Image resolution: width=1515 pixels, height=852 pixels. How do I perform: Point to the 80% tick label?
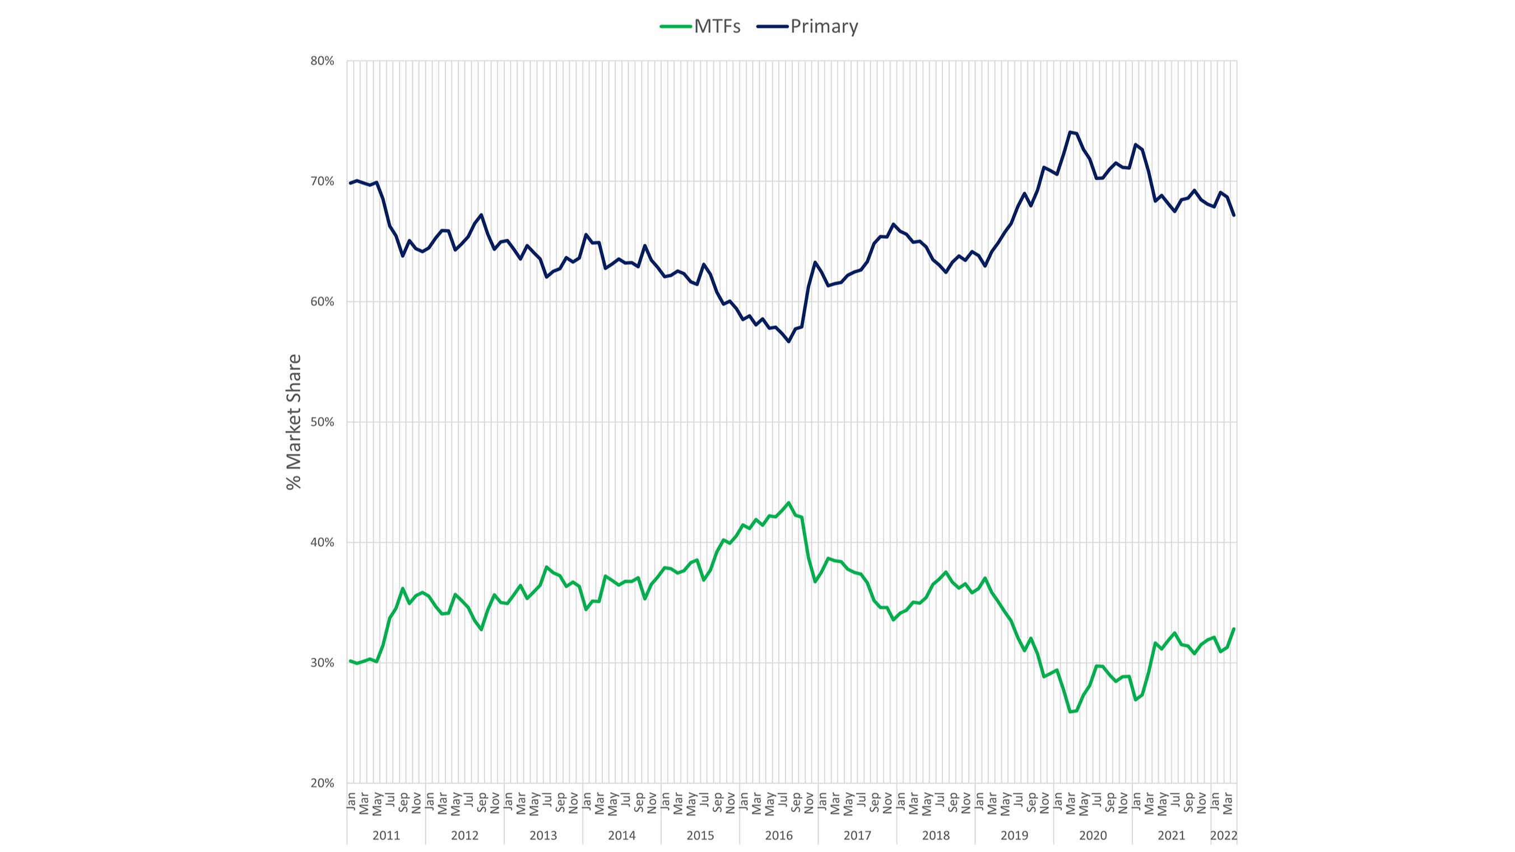coord(322,61)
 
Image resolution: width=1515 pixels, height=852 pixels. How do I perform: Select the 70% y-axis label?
coord(322,181)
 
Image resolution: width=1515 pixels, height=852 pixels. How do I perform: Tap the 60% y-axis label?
coord(322,301)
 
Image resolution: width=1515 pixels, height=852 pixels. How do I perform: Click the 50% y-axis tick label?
coord(322,422)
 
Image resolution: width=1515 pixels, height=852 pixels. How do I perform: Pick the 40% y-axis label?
coord(322,543)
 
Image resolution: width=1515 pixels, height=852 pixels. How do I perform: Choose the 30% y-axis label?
coord(322,663)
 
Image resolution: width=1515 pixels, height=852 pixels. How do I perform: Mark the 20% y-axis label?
coord(322,783)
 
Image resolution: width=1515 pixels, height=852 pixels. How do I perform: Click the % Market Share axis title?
coord(294,422)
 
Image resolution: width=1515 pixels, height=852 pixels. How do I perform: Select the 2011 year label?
coord(386,836)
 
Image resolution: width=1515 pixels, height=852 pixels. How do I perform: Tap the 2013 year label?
coord(543,836)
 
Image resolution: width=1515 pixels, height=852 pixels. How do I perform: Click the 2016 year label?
coord(779,836)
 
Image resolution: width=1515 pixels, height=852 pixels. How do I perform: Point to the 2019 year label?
coord(1015,836)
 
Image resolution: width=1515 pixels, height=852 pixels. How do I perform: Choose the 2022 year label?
coord(1223,836)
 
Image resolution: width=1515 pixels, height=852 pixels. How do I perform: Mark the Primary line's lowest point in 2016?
coord(789,342)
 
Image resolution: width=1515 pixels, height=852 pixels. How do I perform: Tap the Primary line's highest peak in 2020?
coord(1070,132)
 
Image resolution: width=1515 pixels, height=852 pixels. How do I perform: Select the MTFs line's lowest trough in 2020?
coord(1070,712)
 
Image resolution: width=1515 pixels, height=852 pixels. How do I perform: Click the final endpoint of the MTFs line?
coord(1234,628)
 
